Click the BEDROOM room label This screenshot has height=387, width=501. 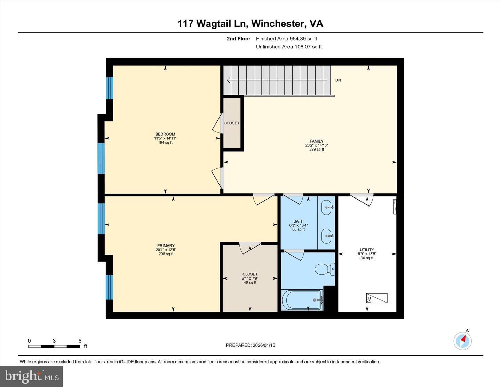[165, 134]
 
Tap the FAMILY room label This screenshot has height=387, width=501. [317, 141]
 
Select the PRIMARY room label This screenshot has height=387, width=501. [166, 245]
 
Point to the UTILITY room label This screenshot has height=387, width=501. [367, 250]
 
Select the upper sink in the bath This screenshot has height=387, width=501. [327, 208]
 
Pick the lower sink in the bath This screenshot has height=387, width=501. [327, 236]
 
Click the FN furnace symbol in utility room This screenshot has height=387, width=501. [376, 298]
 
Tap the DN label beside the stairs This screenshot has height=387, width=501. [338, 80]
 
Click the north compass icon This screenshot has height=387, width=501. [462, 341]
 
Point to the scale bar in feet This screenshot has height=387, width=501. [54, 346]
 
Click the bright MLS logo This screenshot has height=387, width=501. [32, 377]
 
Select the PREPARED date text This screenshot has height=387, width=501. [250, 345]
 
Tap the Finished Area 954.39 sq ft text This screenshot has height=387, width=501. [286, 39]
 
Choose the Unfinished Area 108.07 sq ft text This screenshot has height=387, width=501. [289, 47]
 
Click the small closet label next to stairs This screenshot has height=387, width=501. [232, 123]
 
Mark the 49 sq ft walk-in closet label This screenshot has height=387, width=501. [250, 278]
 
